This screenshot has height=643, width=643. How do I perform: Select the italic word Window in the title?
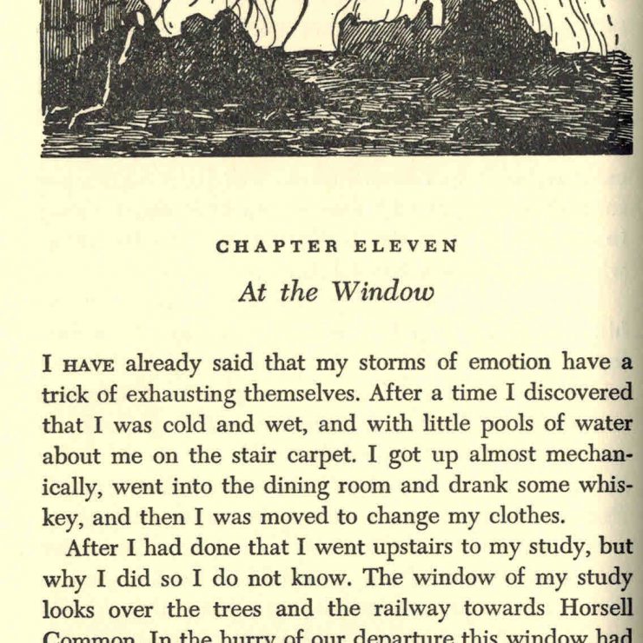click(381, 291)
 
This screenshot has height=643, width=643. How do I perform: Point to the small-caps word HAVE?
click(90, 364)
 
